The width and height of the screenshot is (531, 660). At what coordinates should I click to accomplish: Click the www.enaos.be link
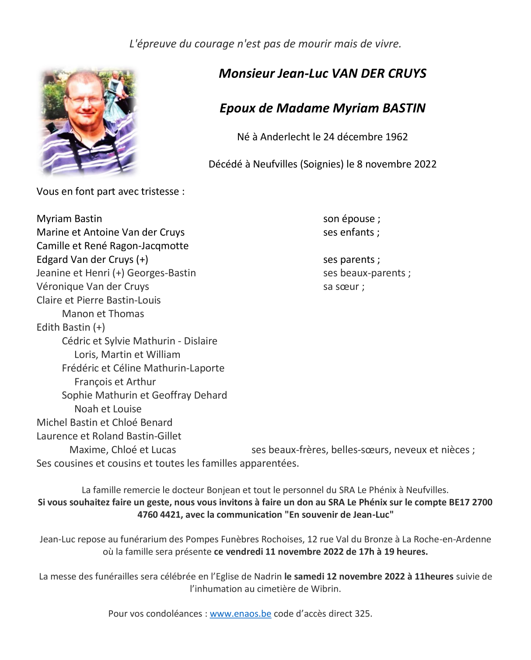[x=240, y=614]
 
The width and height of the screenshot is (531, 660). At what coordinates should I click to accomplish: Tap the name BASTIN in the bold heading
[x=404, y=108]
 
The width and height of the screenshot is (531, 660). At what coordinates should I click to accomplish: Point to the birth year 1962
[x=396, y=137]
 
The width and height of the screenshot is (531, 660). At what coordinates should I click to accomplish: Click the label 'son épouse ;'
[x=352, y=219]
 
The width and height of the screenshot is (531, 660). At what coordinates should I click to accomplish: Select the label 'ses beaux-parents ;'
[x=367, y=273]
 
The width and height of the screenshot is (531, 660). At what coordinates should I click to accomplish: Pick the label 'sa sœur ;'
[x=343, y=286]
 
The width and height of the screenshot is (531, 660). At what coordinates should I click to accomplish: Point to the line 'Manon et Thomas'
[x=103, y=314]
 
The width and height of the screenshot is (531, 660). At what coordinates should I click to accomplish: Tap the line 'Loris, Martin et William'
[x=127, y=354]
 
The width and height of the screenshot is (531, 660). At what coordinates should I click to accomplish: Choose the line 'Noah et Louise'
[x=108, y=409]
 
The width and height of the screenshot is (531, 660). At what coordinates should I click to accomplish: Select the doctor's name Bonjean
[x=224, y=490]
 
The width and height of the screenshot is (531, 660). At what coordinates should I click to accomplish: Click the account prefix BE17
[x=459, y=502]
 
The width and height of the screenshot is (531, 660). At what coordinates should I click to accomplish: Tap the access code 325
[x=363, y=614]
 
